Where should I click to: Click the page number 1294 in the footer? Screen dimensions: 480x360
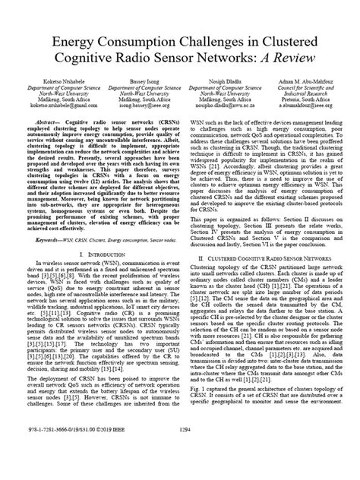[179, 470]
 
